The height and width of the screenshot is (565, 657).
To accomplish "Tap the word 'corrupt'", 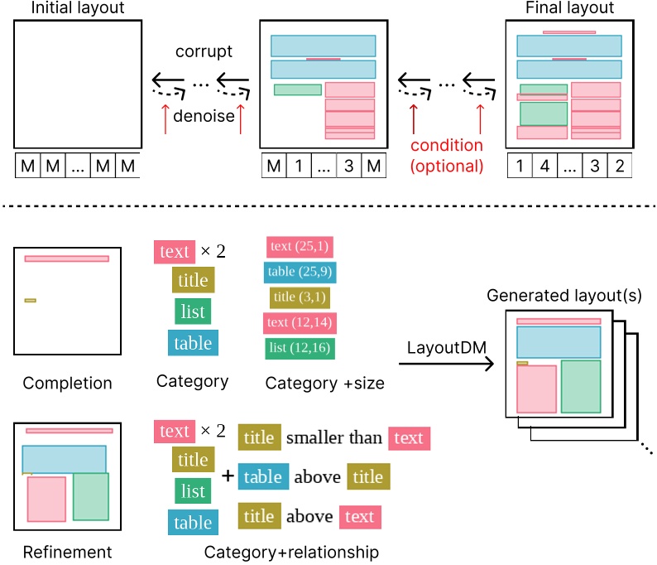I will (x=204, y=51).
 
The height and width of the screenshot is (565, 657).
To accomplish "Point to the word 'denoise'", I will (x=204, y=117).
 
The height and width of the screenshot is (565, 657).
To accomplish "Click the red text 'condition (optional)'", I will (x=447, y=155).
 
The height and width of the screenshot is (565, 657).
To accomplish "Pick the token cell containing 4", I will (x=545, y=167).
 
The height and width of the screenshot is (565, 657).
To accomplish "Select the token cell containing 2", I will (x=619, y=167).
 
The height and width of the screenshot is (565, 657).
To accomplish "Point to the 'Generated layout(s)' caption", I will (x=564, y=296).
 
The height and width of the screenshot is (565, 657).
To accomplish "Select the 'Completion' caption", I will (x=67, y=384).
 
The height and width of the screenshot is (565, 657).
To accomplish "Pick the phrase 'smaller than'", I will (x=334, y=437).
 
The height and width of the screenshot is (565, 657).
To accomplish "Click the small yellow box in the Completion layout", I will (x=30, y=300).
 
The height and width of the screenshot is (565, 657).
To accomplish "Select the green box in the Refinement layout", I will (x=91, y=496).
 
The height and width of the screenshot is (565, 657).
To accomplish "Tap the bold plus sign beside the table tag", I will (x=228, y=476).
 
